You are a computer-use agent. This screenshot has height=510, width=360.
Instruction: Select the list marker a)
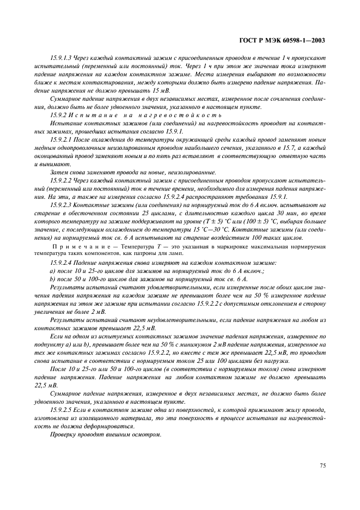(x=52, y=271)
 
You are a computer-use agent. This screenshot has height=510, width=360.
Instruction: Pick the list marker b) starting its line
(x=52, y=278)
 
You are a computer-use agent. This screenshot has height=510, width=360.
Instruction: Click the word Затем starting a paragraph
(x=58, y=172)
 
